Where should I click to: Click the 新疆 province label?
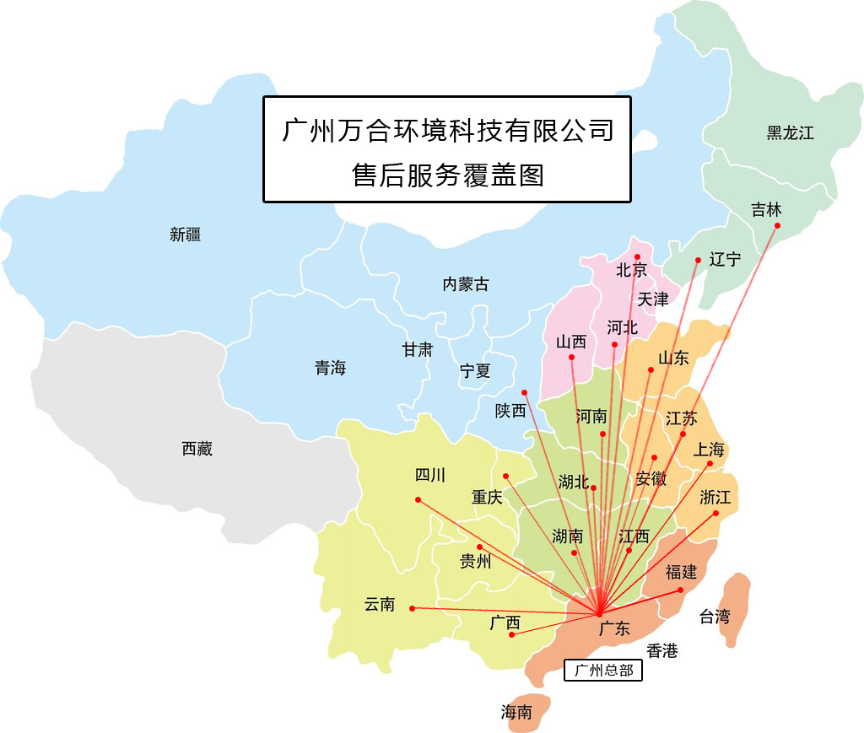pos(185,235)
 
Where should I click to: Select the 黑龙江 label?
pos(790,133)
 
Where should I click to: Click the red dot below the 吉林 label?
pos(777,225)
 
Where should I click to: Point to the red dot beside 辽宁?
pos(698,260)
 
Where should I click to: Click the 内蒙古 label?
pos(465,284)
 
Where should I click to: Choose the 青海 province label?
pos(330,368)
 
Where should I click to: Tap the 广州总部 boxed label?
pos(602,671)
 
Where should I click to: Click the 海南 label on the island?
pos(516,713)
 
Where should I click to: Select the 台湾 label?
pos(714,617)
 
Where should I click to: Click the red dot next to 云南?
pos(412,608)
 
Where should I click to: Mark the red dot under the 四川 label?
pos(418,500)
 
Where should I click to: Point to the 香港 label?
pos(662,650)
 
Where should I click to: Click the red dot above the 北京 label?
pos(638,256)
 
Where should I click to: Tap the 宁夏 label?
pos(474,370)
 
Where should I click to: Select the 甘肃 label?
pos(417,349)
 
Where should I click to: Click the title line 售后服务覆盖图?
pos(447,175)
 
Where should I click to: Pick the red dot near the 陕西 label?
pos(524,392)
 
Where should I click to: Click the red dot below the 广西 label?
pos(512,634)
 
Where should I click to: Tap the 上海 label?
pos(709,449)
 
